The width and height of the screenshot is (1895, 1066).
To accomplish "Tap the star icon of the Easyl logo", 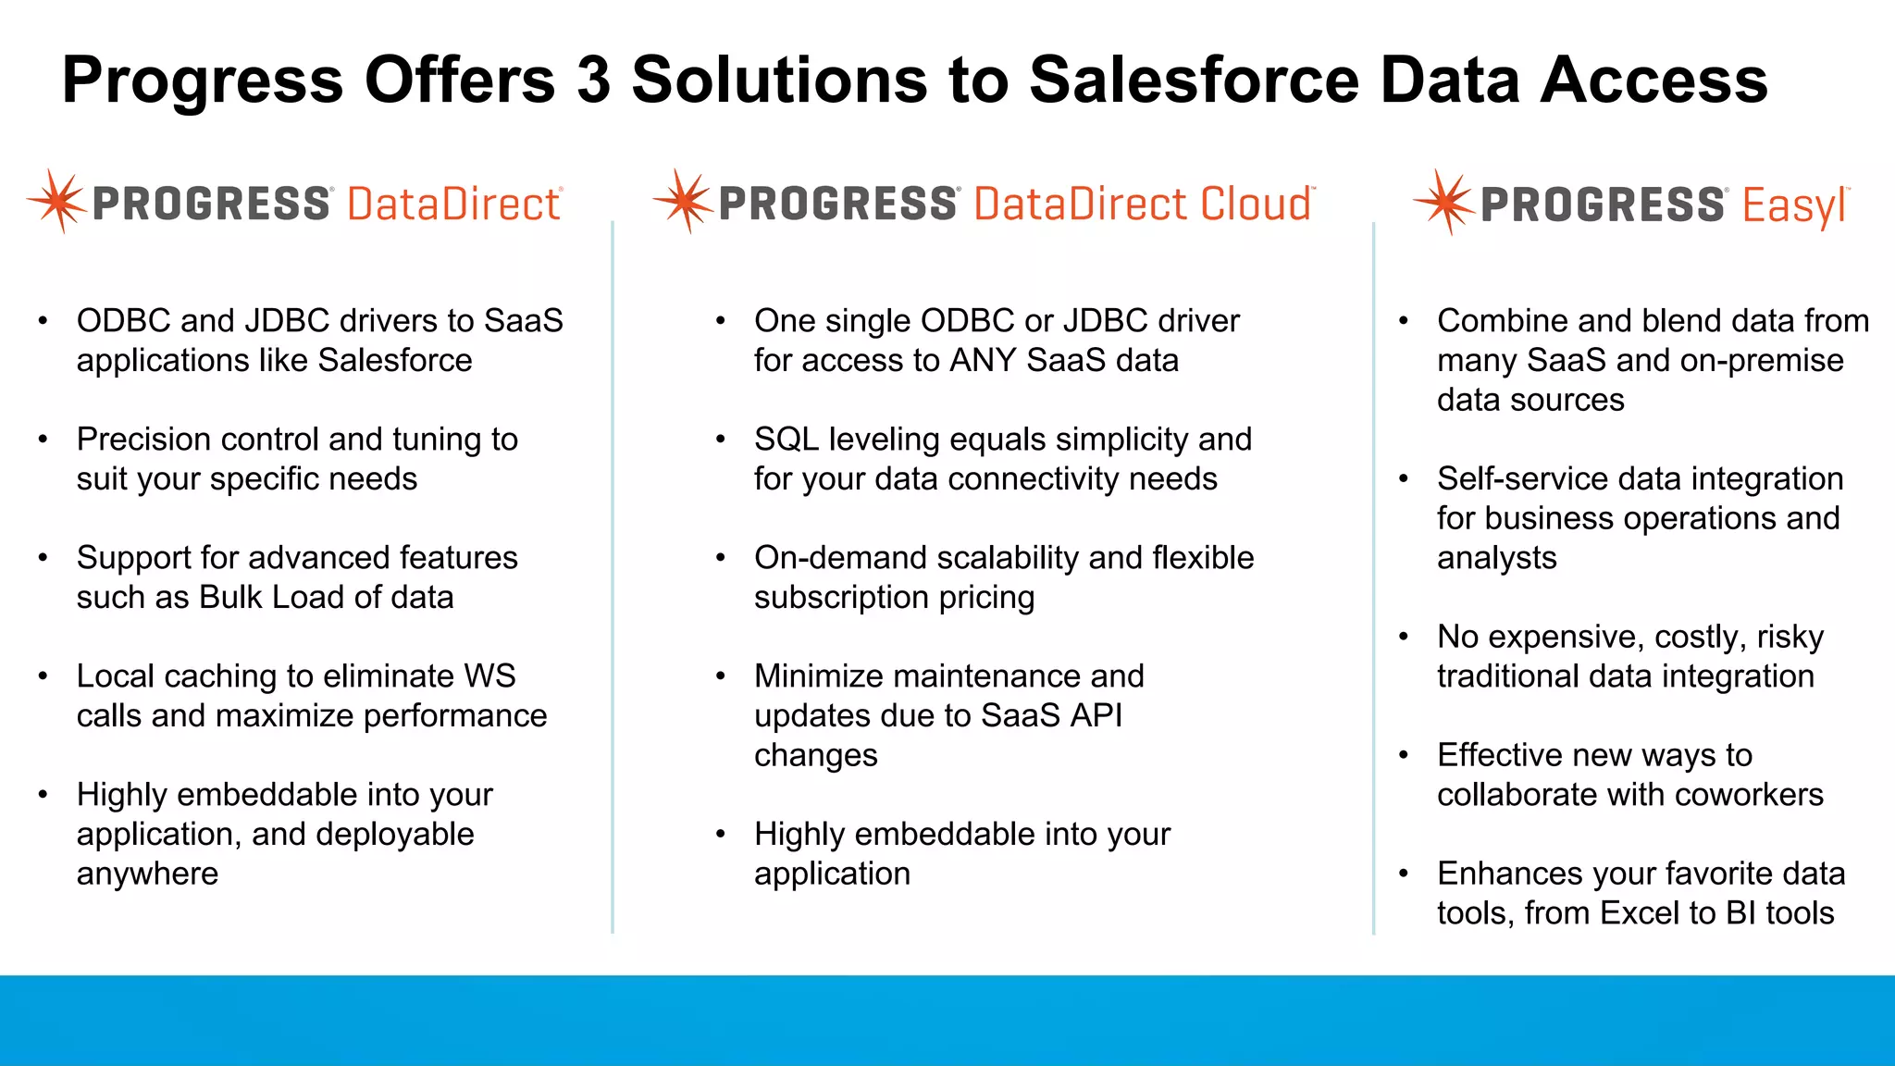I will click(x=1443, y=202).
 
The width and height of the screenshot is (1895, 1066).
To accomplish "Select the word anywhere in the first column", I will click(x=147, y=874).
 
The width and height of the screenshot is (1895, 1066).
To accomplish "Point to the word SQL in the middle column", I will click(x=786, y=440).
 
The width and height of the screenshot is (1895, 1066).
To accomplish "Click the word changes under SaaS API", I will click(x=815, y=756).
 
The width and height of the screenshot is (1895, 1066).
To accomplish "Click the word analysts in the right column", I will click(x=1496, y=559).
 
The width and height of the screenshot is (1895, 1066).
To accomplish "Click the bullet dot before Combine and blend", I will click(x=1404, y=321).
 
